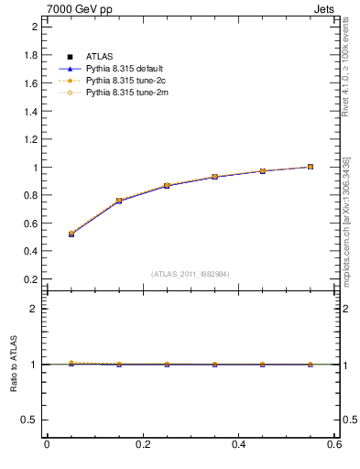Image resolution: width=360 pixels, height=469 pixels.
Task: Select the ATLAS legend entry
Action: coord(96,57)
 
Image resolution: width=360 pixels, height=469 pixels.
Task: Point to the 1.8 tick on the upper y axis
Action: coord(30,55)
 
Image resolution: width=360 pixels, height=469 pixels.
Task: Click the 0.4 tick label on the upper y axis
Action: coord(30,251)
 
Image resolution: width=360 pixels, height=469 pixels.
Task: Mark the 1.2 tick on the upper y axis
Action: coord(30,139)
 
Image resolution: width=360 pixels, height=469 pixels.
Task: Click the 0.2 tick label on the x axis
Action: coord(142,445)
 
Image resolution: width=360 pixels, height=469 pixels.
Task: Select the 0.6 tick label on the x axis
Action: coord(334,445)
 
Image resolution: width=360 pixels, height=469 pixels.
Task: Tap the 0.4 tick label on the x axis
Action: coord(238,445)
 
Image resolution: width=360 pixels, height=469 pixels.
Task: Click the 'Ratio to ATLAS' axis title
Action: coord(15,365)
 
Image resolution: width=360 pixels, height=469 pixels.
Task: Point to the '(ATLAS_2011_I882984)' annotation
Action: coord(191,274)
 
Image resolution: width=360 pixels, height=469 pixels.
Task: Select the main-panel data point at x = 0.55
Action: coord(311,167)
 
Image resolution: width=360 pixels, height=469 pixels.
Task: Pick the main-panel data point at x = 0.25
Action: coord(167,186)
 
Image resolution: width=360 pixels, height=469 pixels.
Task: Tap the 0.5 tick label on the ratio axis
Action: coord(30,420)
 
